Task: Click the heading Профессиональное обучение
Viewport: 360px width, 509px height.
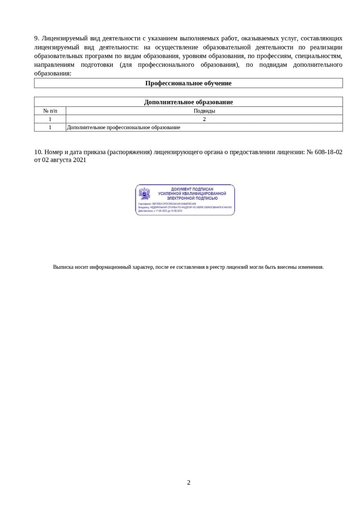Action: click(188, 83)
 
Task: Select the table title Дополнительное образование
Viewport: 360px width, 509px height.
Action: click(188, 102)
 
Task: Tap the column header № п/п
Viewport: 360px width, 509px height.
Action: click(50, 111)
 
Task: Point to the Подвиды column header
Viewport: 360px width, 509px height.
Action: click(204, 111)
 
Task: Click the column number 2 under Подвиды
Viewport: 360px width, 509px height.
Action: click(204, 119)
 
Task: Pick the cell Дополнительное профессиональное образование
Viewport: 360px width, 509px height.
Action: click(123, 127)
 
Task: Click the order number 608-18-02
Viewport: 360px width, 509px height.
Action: click(328, 152)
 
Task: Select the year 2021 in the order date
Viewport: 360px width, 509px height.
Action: click(79, 160)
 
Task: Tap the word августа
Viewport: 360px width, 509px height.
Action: click(60, 160)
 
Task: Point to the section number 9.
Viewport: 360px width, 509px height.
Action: click(37, 38)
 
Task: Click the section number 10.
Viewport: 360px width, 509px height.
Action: click(38, 152)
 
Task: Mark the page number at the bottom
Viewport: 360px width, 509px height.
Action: click(189, 482)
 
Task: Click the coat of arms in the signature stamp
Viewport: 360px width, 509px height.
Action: click(145, 194)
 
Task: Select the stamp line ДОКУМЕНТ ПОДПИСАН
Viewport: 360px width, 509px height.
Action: click(192, 189)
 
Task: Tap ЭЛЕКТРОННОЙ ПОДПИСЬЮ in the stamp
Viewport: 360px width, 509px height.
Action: click(192, 198)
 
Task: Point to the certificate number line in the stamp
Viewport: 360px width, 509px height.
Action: click(167, 204)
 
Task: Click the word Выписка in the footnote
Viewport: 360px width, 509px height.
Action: click(62, 267)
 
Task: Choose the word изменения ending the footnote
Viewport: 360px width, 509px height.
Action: click(311, 267)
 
